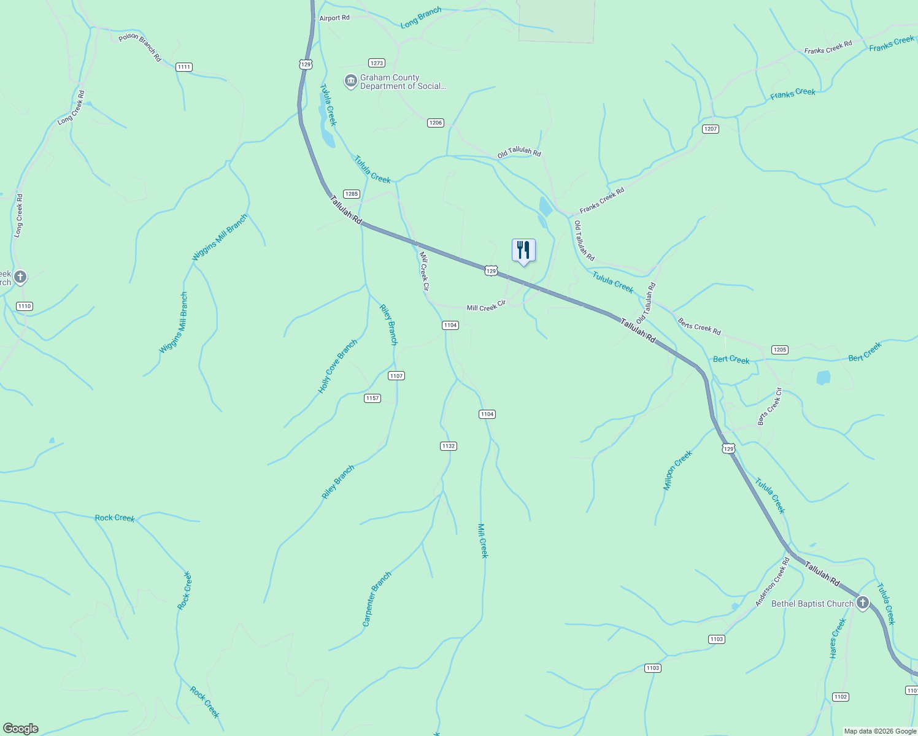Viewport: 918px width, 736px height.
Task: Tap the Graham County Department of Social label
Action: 403,82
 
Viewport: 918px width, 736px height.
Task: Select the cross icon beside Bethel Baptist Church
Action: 863,603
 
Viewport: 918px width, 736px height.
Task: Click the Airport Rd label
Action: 334,18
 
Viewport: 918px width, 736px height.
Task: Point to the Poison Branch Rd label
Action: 140,47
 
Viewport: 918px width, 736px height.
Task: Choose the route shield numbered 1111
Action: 183,67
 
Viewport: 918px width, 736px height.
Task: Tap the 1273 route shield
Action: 376,63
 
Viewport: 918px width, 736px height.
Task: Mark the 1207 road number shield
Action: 710,129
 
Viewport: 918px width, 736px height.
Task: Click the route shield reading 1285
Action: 351,194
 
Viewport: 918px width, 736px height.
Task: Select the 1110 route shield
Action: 25,306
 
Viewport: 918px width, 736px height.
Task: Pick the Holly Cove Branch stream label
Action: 337,367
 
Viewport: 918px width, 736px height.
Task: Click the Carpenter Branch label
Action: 376,599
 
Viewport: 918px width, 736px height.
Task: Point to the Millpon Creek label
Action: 677,470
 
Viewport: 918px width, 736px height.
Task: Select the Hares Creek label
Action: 838,638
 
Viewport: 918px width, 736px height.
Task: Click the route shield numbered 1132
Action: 449,446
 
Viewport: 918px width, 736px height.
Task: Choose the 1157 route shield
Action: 372,398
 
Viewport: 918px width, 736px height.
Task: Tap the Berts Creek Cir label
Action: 770,407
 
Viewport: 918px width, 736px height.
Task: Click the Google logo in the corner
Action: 21,729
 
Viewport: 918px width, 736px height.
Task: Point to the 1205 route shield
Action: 779,350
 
